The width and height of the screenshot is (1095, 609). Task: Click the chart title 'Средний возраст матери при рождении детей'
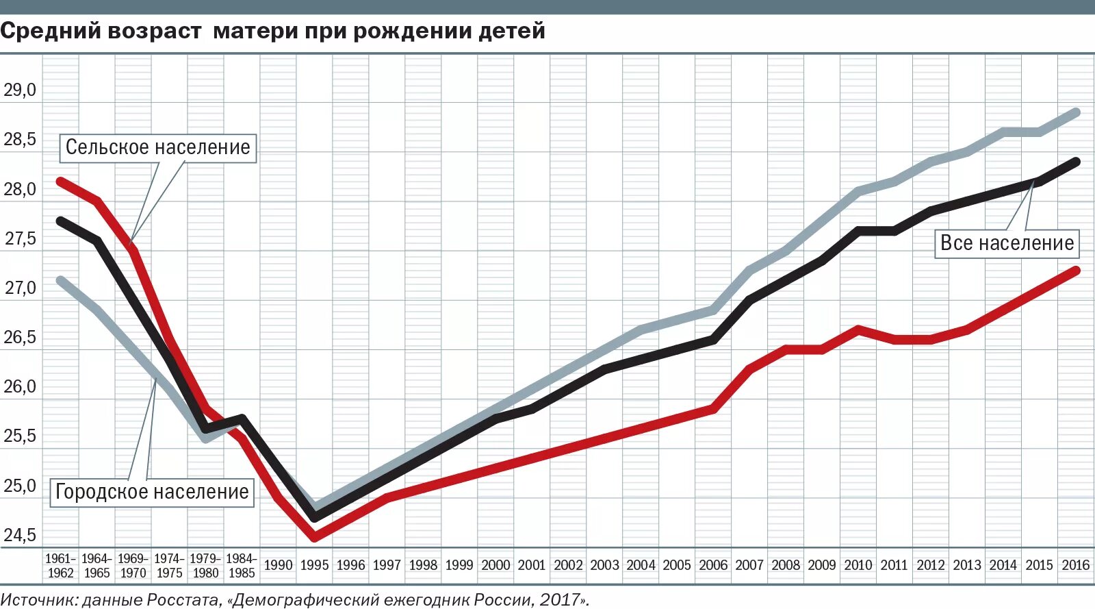[x=272, y=31]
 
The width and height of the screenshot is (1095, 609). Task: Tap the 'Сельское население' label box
[x=158, y=147]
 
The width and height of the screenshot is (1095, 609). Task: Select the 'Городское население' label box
[x=152, y=492]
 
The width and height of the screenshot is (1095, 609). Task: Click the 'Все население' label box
[x=1007, y=243]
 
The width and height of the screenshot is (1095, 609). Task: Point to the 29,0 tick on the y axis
[x=20, y=90]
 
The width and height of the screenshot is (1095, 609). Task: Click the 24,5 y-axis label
[x=20, y=535]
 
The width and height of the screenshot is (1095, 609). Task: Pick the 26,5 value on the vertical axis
[x=20, y=338]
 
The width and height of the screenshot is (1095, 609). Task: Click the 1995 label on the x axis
[x=314, y=565]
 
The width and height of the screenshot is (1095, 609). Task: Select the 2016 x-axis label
[x=1075, y=565]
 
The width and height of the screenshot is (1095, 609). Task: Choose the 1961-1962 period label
[x=60, y=566]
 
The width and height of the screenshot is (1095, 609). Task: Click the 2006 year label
[x=713, y=565]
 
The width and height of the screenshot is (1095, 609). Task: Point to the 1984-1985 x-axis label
[x=241, y=566]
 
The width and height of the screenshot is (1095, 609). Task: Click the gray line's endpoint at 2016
[x=1076, y=112]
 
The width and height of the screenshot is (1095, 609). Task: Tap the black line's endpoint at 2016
[x=1076, y=162]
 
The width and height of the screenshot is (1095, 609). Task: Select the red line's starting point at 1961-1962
[x=60, y=182]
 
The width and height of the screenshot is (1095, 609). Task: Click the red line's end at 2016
[x=1076, y=271]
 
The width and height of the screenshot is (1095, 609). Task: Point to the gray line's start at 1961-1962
[x=60, y=280]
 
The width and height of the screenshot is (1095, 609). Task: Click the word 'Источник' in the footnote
[x=38, y=600]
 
